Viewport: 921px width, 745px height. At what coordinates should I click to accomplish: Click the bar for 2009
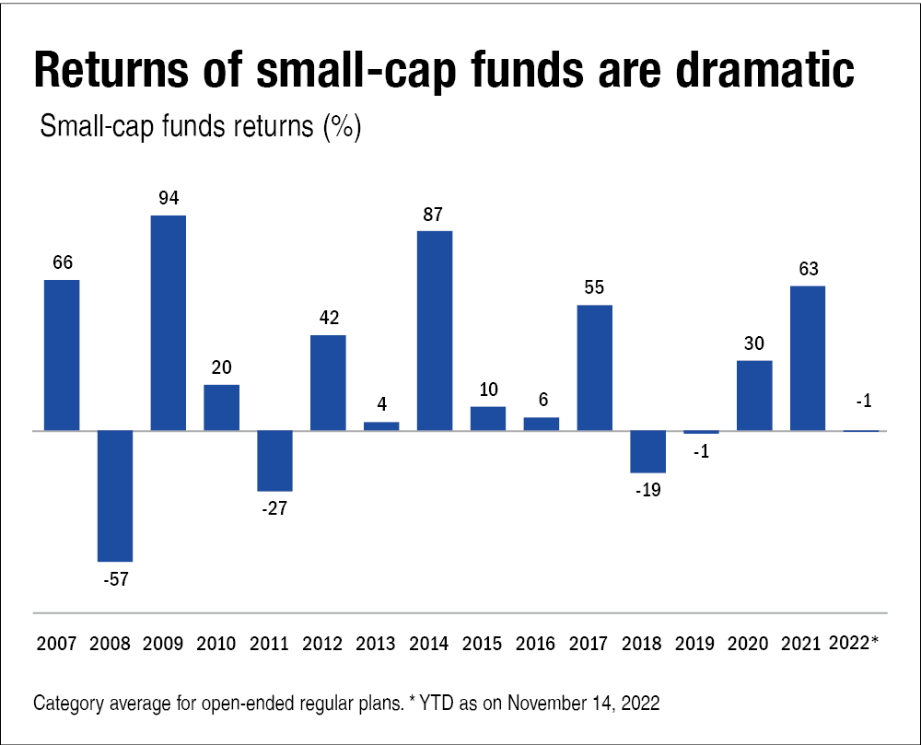click(x=169, y=322)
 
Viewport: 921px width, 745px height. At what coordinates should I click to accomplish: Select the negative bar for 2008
click(x=115, y=495)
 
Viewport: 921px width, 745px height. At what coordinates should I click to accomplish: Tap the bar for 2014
click(x=435, y=330)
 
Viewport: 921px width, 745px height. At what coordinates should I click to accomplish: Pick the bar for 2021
click(x=808, y=358)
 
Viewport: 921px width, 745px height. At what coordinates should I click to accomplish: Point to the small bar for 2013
click(x=381, y=425)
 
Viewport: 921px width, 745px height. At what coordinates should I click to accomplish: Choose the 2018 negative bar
click(x=647, y=451)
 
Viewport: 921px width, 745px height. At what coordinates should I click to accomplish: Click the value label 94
click(x=169, y=198)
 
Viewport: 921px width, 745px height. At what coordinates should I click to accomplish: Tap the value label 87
click(x=435, y=214)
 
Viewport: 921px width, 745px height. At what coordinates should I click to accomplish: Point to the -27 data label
click(x=274, y=509)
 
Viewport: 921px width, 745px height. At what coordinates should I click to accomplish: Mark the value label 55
click(x=594, y=287)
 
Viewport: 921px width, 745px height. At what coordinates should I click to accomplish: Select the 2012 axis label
click(x=328, y=644)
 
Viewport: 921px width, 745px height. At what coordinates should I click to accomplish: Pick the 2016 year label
click(x=541, y=644)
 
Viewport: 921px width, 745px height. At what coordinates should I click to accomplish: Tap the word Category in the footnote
click(x=69, y=704)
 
